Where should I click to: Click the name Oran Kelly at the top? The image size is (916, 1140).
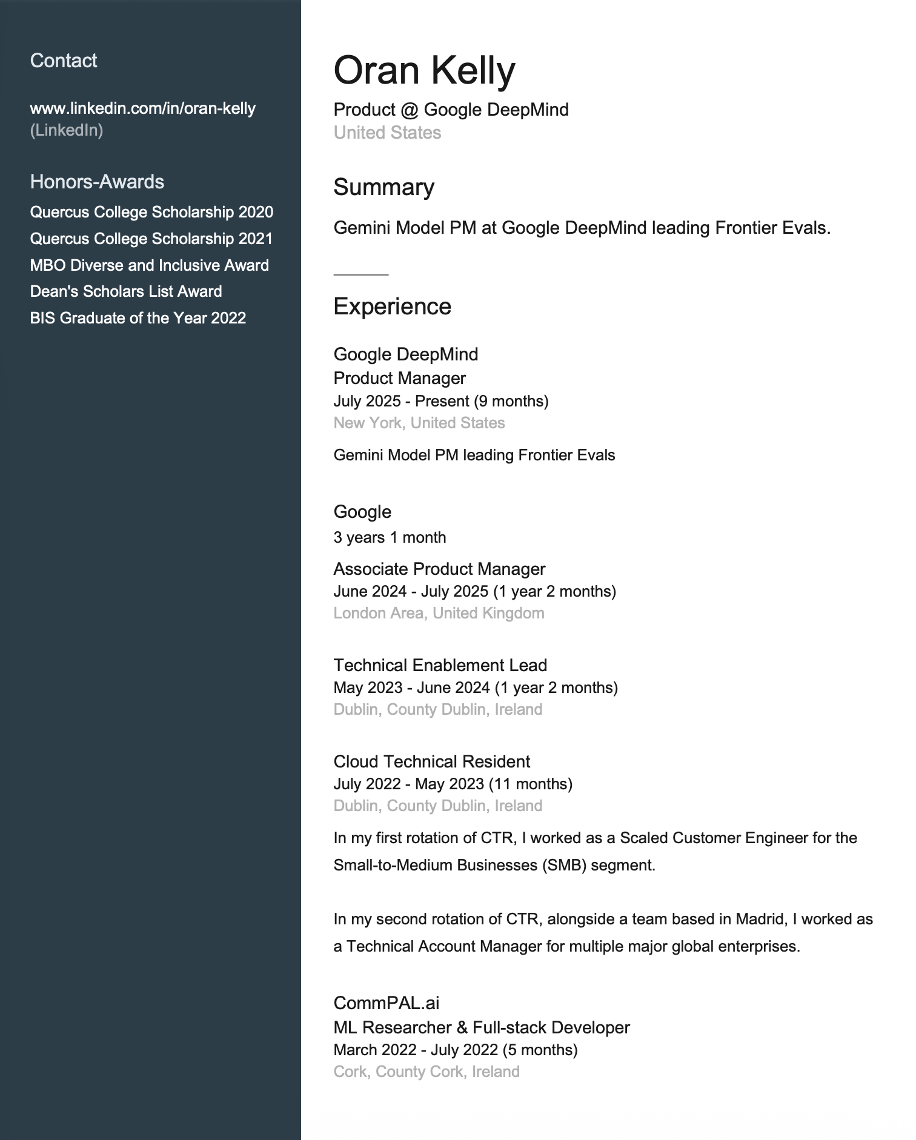coord(424,70)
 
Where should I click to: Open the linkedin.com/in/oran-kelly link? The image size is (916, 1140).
coord(143,108)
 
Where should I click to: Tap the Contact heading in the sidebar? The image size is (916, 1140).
coord(64,61)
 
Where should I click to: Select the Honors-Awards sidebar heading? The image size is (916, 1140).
coord(97,182)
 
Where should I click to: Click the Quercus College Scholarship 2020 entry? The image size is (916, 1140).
coord(151,212)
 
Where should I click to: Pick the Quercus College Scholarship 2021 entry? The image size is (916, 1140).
coord(151,239)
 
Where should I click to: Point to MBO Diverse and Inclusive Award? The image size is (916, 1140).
coord(150,265)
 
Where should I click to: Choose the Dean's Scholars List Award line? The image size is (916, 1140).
coord(126,291)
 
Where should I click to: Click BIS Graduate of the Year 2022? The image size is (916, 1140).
coord(138,318)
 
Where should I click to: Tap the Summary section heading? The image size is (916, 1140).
coord(383,187)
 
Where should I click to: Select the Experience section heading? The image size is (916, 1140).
coord(392,307)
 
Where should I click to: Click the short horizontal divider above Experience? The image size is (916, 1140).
coord(361,274)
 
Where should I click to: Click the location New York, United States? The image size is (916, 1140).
coord(419,423)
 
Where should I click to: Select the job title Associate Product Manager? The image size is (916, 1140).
coord(439,569)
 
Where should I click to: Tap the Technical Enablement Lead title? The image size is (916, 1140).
coord(440,665)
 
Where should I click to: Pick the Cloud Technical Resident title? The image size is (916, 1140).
coord(431,761)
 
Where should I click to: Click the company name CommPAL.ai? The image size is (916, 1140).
coord(386,1003)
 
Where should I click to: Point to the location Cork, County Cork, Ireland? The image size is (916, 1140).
coord(426,1072)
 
